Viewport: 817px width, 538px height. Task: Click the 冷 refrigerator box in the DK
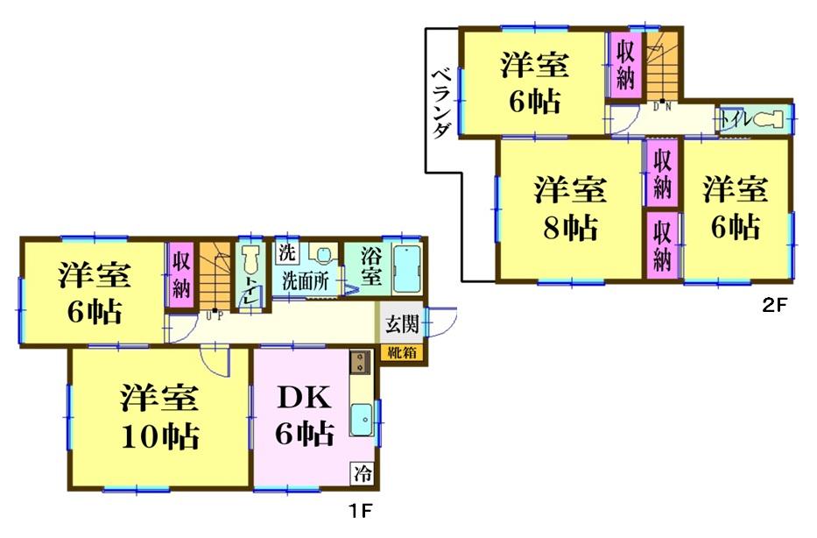pyautogui.click(x=362, y=473)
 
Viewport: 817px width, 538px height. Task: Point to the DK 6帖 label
pyautogui.click(x=304, y=416)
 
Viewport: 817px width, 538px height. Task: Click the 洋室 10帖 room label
pyautogui.click(x=159, y=416)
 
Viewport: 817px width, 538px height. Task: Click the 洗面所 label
pyautogui.click(x=305, y=283)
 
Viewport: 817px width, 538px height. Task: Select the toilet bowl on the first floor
pyautogui.click(x=251, y=260)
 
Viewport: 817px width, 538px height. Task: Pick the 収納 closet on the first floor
pyautogui.click(x=181, y=274)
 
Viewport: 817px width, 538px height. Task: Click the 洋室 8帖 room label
pyautogui.click(x=569, y=209)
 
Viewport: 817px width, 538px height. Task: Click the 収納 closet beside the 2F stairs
pyautogui.click(x=624, y=63)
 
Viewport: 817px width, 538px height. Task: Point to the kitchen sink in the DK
pyautogui.click(x=361, y=419)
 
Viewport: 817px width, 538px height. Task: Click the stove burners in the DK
pyautogui.click(x=360, y=362)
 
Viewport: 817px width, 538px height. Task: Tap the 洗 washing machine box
pyautogui.click(x=286, y=253)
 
